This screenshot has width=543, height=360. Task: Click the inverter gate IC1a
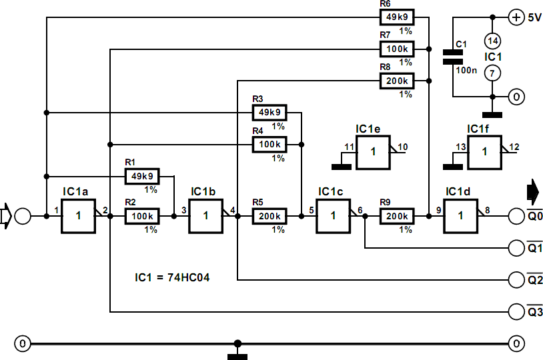tap(78, 216)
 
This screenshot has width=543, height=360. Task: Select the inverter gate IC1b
tap(206, 216)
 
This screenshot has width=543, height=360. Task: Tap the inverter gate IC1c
tap(334, 216)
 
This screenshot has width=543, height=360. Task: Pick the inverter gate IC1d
tap(462, 216)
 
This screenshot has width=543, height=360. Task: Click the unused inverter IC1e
tap(373, 153)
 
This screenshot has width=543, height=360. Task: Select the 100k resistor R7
tap(396, 49)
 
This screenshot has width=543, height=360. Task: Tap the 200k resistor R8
tap(396, 81)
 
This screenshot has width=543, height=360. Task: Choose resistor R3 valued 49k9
tap(269, 113)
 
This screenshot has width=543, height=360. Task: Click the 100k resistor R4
tap(269, 143)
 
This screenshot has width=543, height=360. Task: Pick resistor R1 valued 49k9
tap(141, 176)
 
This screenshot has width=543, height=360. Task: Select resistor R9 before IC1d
tap(396, 216)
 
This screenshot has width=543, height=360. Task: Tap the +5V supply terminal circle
tap(516, 17)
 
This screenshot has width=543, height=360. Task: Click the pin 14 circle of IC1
tap(492, 41)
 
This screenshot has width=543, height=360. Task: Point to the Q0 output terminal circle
tap(516, 216)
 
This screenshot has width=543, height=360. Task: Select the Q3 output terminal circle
tap(516, 311)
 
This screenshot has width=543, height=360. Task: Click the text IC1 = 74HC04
tap(171, 276)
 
